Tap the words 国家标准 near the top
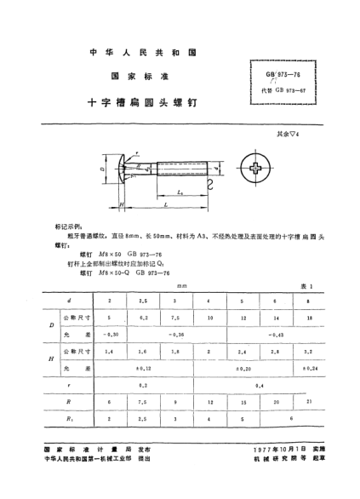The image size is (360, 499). [x=143, y=75]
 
